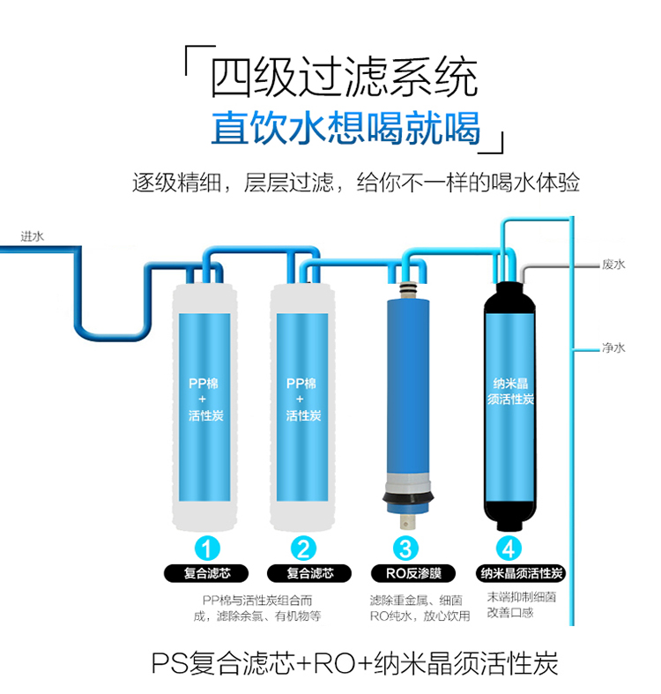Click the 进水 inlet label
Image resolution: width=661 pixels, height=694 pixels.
[32, 236]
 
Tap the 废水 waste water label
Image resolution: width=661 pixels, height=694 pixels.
[613, 265]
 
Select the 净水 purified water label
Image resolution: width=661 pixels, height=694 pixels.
[613, 348]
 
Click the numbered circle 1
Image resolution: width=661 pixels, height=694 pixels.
[206, 549]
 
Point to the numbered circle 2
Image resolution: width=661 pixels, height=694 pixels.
[304, 549]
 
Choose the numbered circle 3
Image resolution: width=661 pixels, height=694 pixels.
[406, 549]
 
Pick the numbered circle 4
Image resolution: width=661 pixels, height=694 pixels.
[509, 549]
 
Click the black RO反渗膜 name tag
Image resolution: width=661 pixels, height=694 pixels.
[406, 574]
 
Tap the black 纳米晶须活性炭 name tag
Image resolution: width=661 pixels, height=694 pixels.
[521, 574]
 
